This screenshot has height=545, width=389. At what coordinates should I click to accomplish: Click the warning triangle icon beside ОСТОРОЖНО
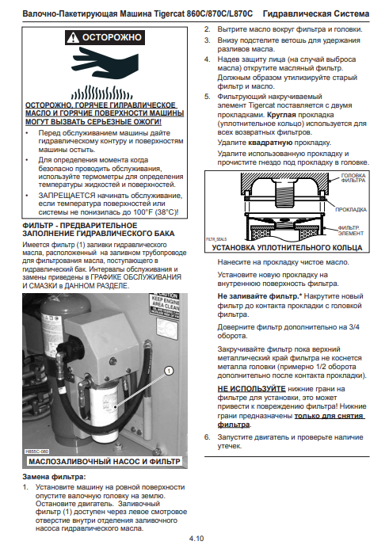(x=73, y=37)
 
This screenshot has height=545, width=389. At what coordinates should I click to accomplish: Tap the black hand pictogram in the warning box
(x=105, y=62)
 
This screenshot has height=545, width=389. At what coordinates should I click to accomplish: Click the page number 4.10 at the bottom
(x=196, y=539)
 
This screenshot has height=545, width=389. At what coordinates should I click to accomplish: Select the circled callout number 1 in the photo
(x=169, y=372)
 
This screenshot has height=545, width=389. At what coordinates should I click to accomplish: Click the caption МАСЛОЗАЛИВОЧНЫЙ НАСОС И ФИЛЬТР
(x=105, y=462)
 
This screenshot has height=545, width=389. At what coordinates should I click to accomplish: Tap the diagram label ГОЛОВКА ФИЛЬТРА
(x=353, y=178)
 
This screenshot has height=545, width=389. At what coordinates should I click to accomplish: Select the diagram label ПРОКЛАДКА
(x=350, y=210)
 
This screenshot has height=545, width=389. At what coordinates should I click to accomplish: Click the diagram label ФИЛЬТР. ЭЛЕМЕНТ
(x=350, y=231)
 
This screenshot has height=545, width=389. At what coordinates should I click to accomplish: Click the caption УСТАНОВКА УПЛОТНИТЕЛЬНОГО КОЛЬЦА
(x=287, y=248)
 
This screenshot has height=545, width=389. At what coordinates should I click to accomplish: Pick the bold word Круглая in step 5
(x=281, y=115)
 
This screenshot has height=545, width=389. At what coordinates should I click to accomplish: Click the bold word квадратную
(x=270, y=143)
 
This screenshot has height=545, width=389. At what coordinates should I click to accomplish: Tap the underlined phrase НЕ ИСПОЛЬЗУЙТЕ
(x=252, y=389)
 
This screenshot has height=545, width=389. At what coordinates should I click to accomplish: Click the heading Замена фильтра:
(x=54, y=477)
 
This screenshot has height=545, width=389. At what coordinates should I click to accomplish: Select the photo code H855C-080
(x=37, y=452)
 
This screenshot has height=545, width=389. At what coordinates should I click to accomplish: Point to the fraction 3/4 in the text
(x=354, y=327)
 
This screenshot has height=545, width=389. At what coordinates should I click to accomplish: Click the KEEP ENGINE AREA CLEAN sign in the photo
(x=165, y=303)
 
